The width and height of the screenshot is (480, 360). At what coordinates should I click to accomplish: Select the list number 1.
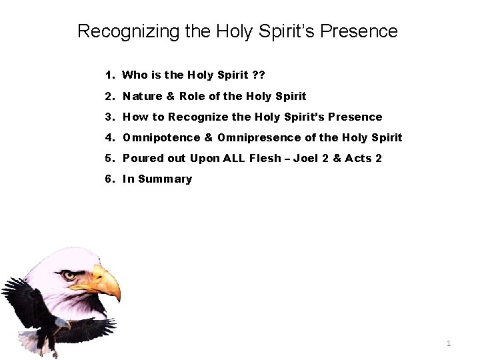[109, 75]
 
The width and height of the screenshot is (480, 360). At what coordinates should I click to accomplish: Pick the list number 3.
[109, 117]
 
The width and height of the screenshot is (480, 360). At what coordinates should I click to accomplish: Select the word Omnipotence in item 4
[161, 137]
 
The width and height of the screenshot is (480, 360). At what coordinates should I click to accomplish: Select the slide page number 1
[449, 343]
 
